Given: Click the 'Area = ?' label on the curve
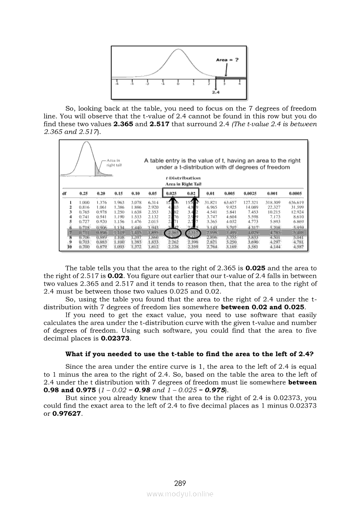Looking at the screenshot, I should [x=227, y=60].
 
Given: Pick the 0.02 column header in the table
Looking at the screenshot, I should [x=190, y=193].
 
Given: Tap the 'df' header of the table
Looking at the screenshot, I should [x=64, y=193].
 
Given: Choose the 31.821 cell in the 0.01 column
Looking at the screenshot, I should [x=212, y=202].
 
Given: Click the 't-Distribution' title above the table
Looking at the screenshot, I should [x=183, y=178].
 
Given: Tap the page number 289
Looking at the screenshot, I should [x=180, y=483].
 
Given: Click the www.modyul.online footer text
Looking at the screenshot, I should [x=180, y=494].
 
